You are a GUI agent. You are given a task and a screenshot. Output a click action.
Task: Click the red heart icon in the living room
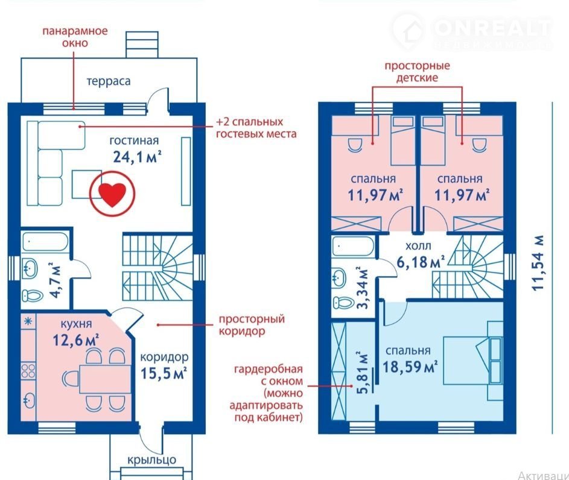pyautogui.click(x=112, y=195)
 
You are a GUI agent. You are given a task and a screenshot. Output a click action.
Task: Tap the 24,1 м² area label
pyautogui.click(x=137, y=157)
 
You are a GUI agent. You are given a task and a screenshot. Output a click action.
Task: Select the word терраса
pyautogui.click(x=109, y=81)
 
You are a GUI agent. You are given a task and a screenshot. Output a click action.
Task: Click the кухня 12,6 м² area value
pyautogui.click(x=76, y=340)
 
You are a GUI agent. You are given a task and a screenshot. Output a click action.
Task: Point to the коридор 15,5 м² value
pyautogui.click(x=164, y=373)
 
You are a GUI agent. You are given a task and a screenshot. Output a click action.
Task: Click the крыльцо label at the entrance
pyautogui.click(x=151, y=460)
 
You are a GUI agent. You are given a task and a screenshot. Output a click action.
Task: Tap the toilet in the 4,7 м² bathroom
pyautogui.click(x=33, y=295)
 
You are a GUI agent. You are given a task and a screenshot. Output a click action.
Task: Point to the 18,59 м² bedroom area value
pyautogui.click(x=410, y=367)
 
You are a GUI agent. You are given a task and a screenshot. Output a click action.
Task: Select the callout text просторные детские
pyautogui.click(x=417, y=72)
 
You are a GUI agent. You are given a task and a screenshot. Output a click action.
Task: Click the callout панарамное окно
pyautogui.click(x=75, y=37)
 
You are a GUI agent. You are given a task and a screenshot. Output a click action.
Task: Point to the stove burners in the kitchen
pyautogui.click(x=28, y=371)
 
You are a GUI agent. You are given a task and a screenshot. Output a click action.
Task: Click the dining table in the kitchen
pyautogui.click(x=105, y=379)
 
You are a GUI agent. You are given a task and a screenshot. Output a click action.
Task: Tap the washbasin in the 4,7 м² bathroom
pyautogui.click(x=30, y=268)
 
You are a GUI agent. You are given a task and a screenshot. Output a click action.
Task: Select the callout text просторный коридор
pyautogui.click(x=252, y=325)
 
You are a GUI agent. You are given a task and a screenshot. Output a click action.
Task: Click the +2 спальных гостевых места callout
pyautogui.click(x=256, y=128)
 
